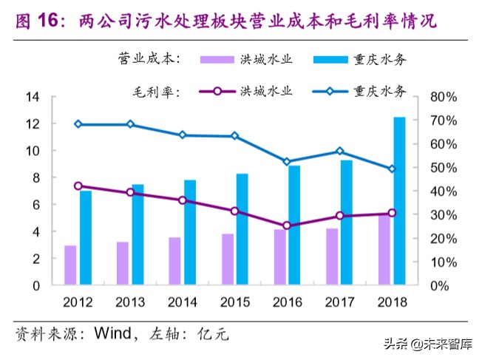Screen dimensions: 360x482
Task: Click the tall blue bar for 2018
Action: [399, 200]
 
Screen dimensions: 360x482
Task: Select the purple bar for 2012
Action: [70, 265]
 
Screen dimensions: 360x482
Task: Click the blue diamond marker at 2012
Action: [78, 124]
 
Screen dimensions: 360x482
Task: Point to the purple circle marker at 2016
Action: [287, 226]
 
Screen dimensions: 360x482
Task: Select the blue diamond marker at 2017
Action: [339, 151]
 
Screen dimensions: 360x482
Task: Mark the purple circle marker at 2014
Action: [183, 200]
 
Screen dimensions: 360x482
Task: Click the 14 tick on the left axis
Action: [33, 97]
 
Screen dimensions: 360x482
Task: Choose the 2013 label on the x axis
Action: [130, 302]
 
